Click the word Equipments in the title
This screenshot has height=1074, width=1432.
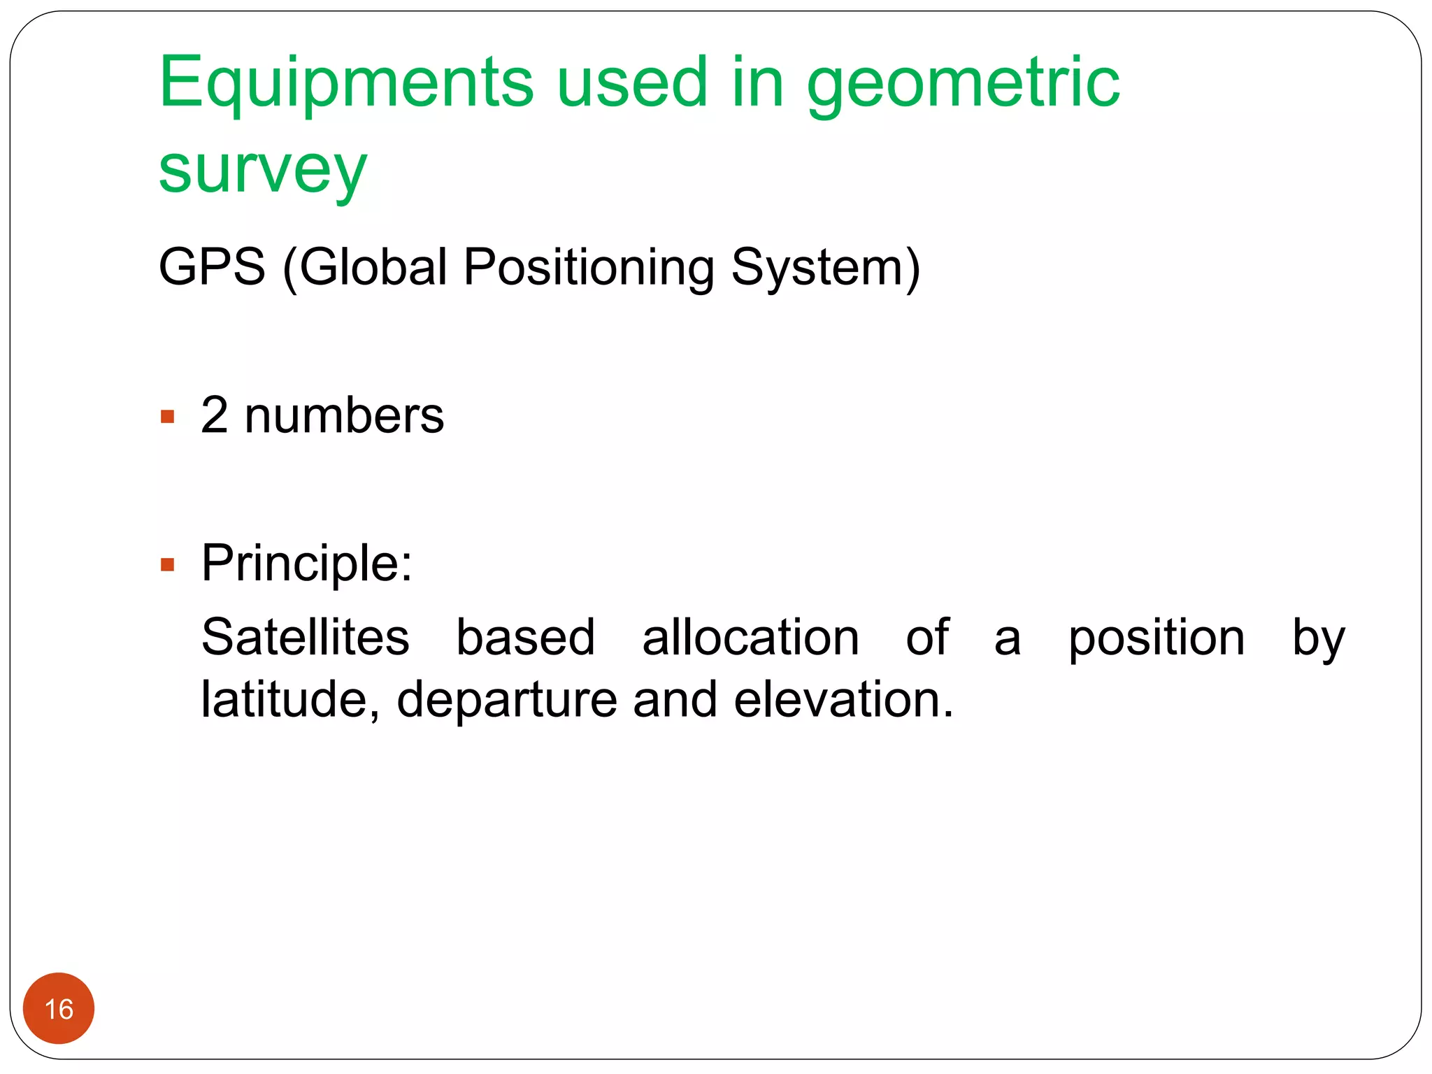point(346,84)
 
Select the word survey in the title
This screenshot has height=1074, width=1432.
point(262,171)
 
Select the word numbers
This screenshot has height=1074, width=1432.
point(344,416)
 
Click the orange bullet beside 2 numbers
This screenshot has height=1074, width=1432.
point(167,417)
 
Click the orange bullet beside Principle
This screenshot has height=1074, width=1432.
point(167,564)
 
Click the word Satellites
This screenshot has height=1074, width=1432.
point(305,638)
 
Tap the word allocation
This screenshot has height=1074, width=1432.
point(750,638)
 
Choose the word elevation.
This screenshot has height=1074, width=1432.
point(843,699)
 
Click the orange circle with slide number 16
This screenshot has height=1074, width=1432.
point(59,1008)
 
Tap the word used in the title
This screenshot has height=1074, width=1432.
point(632,84)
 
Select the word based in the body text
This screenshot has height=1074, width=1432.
point(525,638)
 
